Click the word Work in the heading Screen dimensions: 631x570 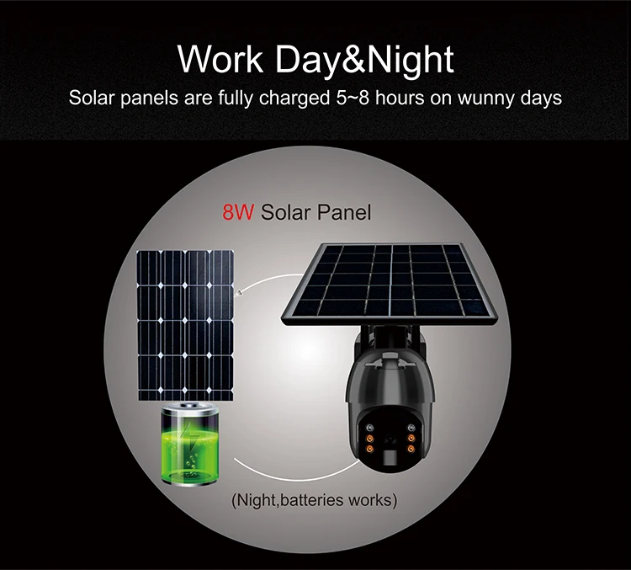tap(220, 59)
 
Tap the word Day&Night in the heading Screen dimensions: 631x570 tap(364, 61)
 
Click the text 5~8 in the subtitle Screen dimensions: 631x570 tap(353, 98)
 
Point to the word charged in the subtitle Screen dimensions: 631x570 tap(294, 99)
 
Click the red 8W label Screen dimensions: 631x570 tap(238, 212)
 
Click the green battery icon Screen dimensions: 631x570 tap(190, 444)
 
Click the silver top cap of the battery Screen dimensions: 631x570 tap(190, 407)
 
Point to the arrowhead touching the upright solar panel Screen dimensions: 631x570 tap(238, 293)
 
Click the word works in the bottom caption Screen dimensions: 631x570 tap(370, 500)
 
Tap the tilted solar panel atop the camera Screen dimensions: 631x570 tap(389, 284)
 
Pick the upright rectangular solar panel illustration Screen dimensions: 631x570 tap(185, 325)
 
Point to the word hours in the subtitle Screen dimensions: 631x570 tap(400, 98)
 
